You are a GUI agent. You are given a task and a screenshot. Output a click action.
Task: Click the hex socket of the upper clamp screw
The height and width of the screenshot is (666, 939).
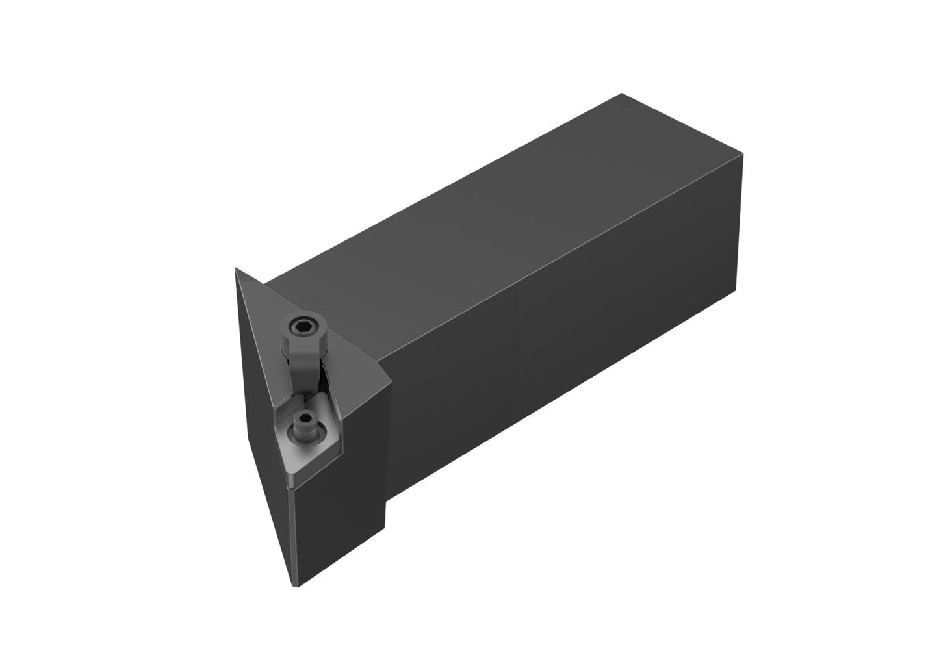302,324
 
